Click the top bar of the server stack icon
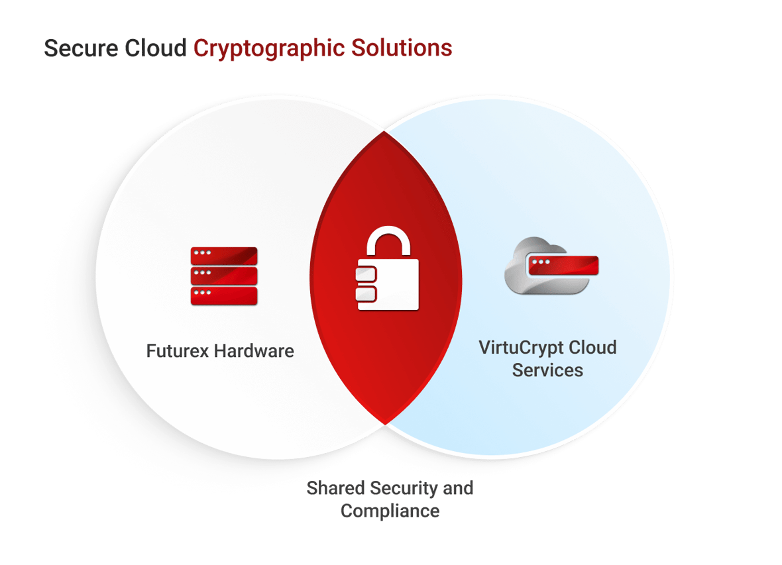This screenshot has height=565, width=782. [x=223, y=255]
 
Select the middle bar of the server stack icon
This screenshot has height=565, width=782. [x=223, y=275]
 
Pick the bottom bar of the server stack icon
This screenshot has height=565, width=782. [x=223, y=295]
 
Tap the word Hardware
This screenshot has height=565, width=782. [x=254, y=350]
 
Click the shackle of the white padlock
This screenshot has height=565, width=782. [x=388, y=242]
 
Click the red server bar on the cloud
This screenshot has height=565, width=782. [x=563, y=266]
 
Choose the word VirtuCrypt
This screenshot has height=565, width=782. [x=521, y=347]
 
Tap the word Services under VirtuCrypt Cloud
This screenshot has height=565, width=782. [x=547, y=370]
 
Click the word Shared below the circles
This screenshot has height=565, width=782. [x=335, y=489]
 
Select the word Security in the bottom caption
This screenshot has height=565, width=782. [x=403, y=489]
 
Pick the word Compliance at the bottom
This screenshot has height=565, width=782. [x=389, y=511]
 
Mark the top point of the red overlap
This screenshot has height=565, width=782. [x=384, y=132]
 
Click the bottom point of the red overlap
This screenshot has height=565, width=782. [x=384, y=422]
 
